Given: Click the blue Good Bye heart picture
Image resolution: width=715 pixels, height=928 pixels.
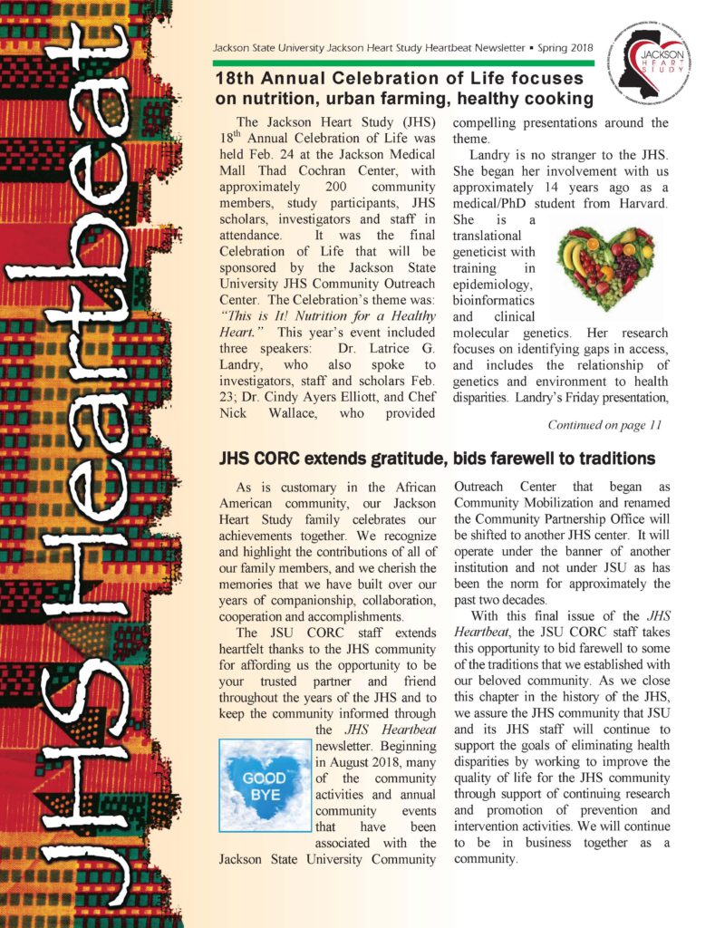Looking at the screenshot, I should click(x=264, y=785).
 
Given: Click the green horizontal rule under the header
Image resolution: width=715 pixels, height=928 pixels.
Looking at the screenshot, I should click(x=403, y=63).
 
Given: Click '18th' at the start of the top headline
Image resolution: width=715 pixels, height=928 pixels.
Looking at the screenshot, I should click(x=235, y=79).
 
